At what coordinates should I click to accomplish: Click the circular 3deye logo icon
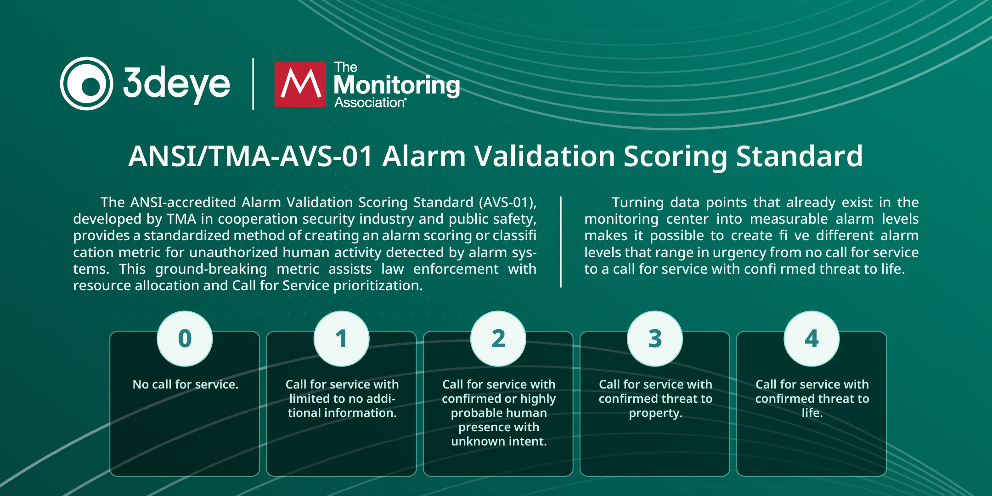(x=87, y=84)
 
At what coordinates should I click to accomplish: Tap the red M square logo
(x=300, y=84)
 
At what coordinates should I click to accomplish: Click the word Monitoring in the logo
(x=397, y=85)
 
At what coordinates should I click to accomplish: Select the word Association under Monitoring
(x=370, y=102)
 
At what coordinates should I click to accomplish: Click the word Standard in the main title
(x=800, y=156)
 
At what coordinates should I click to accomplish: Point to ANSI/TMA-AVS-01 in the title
(x=250, y=156)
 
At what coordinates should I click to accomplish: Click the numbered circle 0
(x=185, y=339)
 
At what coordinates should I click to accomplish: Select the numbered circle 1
(x=341, y=339)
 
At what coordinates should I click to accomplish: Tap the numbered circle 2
(x=498, y=339)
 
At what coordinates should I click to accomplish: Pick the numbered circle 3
(x=655, y=339)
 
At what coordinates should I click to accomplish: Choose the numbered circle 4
(x=812, y=339)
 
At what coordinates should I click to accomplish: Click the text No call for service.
(x=185, y=384)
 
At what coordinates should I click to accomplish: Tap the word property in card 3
(x=655, y=413)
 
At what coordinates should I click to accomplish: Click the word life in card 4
(x=812, y=413)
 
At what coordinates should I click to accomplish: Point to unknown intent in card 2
(x=499, y=441)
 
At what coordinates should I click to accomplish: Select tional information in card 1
(x=342, y=413)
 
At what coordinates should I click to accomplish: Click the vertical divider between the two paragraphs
(x=561, y=242)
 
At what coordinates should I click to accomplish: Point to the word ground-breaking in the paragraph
(x=211, y=269)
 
